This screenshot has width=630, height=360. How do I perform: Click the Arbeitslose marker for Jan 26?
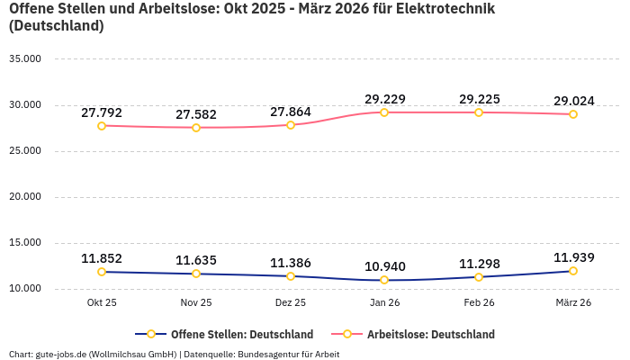pos(384,112)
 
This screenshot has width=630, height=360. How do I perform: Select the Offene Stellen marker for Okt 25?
pos(102,272)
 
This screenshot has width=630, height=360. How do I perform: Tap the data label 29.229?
pos(384,99)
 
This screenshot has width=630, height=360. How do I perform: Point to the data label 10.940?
pos(384,266)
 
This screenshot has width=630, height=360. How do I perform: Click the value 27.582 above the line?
pos(196,114)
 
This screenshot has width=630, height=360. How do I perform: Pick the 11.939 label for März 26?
pos(573,257)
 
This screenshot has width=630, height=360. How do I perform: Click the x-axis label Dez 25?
pos(291,303)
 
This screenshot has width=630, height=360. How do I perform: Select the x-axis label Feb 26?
pos(479,303)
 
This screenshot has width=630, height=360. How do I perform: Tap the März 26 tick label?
pos(573,303)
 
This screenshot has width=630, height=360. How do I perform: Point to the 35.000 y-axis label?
pos(25,59)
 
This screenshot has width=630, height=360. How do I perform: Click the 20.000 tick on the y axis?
pos(25,197)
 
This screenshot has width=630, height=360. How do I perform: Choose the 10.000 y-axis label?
pos(25,289)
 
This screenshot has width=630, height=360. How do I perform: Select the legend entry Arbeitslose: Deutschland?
pos(430,334)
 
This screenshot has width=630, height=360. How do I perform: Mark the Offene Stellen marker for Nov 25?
pos(196,274)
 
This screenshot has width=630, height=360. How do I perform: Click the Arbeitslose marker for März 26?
pos(573,114)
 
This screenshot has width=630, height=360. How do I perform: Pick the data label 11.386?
pos(291,263)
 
